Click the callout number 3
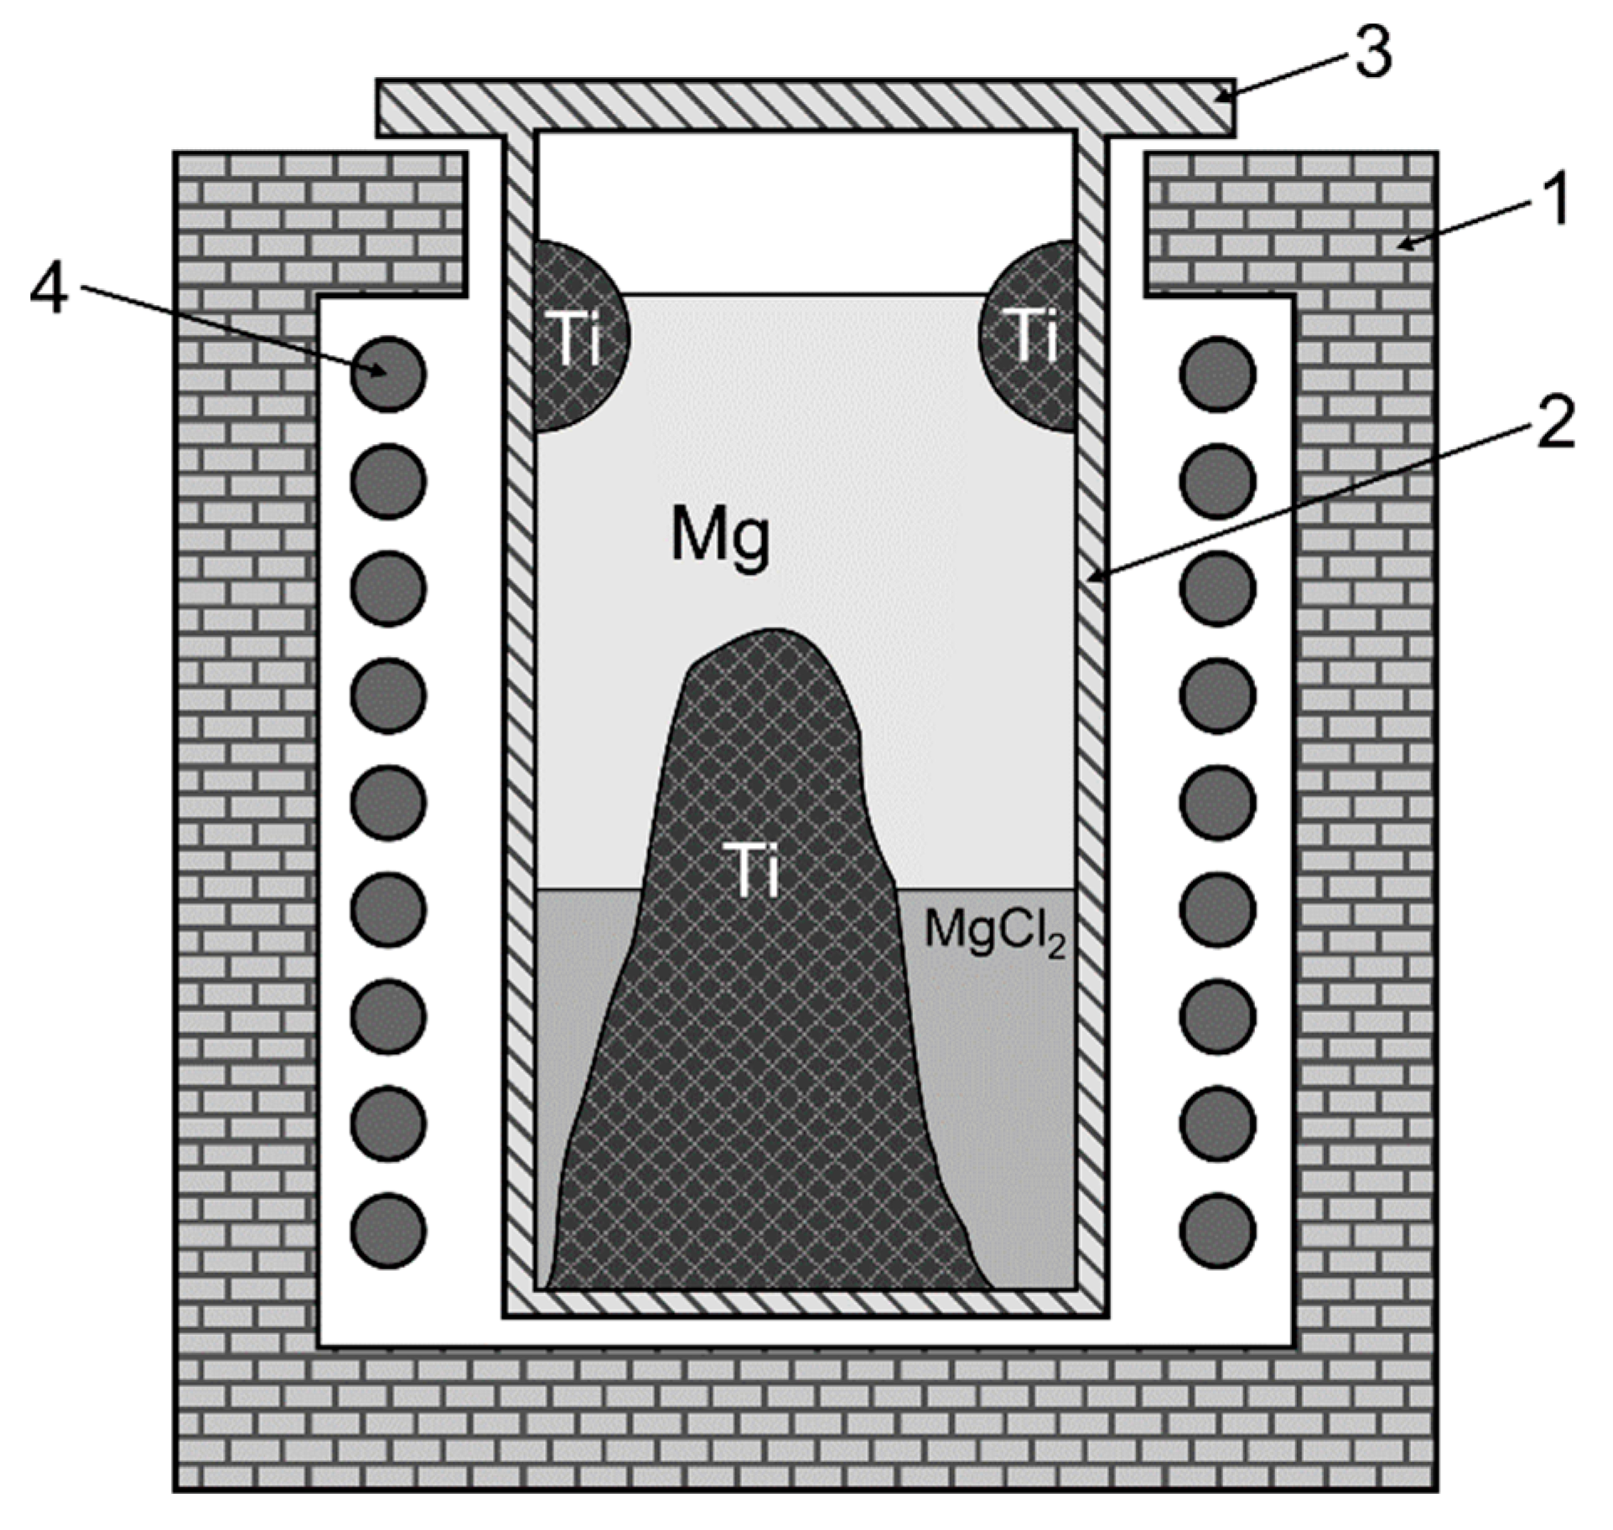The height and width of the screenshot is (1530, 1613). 1372,52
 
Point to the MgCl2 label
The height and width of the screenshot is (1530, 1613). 994,931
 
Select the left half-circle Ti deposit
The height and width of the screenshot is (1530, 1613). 578,338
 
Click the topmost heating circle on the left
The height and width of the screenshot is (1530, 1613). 388,374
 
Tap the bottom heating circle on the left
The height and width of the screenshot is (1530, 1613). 388,1231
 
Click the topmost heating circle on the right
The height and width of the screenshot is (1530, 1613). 1217,374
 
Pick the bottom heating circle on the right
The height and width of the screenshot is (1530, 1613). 1217,1231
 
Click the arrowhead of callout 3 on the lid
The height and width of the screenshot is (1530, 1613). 1221,98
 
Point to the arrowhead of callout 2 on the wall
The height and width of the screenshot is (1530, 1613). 1092,576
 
